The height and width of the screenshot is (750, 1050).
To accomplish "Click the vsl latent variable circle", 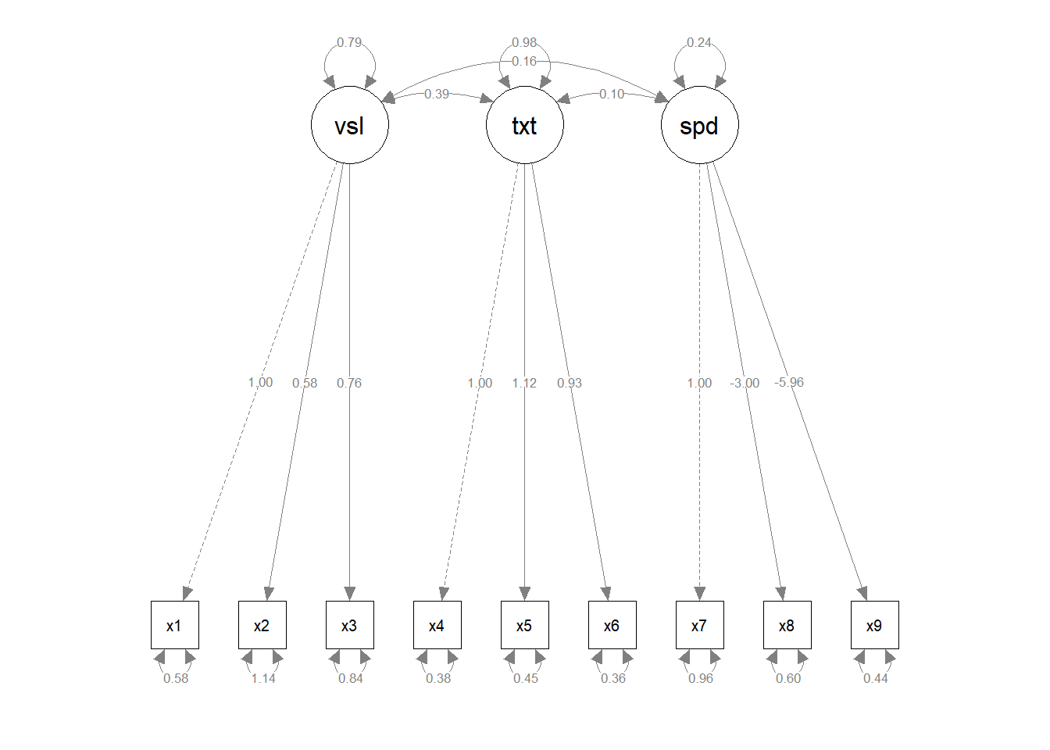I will tap(349, 125).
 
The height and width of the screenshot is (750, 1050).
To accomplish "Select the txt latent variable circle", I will tap(524, 125).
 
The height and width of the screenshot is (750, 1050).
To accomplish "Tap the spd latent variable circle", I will tap(699, 125).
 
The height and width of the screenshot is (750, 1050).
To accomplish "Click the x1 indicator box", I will tap(174, 625).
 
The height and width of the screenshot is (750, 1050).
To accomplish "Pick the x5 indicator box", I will tap(524, 625).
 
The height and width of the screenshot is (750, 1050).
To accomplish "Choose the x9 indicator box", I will tap(874, 625).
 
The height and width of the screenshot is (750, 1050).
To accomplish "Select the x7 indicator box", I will tap(699, 625).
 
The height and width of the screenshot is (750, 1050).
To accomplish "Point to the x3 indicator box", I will tap(349, 625).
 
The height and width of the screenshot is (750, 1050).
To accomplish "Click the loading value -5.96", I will tap(789, 382).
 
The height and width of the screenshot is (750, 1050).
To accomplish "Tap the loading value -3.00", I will tap(745, 383).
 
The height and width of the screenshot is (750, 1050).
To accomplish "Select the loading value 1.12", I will tap(524, 383).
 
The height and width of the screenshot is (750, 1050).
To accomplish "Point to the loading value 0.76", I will tap(349, 383).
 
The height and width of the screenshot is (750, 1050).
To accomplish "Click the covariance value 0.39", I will tap(437, 94).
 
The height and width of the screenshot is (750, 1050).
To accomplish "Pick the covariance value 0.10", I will tap(612, 94).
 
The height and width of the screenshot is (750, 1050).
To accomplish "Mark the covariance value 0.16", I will tap(524, 61).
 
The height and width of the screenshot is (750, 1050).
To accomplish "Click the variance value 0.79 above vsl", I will tap(349, 42).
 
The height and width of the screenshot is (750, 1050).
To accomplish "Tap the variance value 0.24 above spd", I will tap(699, 42).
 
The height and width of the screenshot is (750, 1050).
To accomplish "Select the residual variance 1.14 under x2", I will tap(263, 678).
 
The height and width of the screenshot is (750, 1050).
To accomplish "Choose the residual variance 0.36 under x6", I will tap(613, 678).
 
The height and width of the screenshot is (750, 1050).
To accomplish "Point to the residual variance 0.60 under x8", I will tap(788, 678).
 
